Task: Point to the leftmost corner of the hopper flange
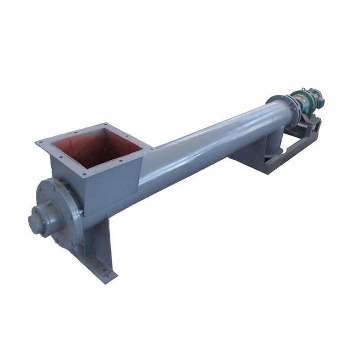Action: pos(37,143)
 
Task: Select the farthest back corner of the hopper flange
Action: pos(107,124)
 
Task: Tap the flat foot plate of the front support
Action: pos(101,272)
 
